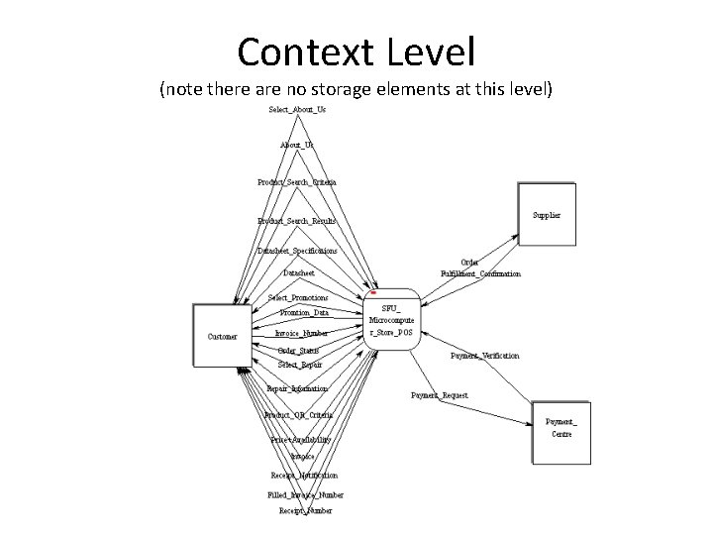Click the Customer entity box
222,336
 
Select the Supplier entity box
546,214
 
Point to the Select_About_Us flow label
297,109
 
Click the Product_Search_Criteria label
296,182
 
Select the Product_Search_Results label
297,220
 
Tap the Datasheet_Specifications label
297,251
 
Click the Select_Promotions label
298,297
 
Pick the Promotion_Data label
304,312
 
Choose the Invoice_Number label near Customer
302,334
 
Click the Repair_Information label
297,388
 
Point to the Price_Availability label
300,439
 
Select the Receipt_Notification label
304,476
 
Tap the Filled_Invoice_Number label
305,493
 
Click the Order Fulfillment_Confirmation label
480,267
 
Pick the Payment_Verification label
484,355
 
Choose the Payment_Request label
440,395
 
